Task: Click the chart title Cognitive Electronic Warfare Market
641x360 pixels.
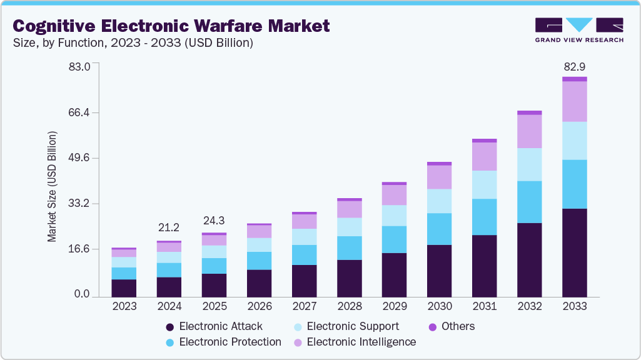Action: coord(171,26)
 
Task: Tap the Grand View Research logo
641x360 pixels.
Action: coord(578,29)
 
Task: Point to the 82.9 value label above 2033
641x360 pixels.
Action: coord(574,66)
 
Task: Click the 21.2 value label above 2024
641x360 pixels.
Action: coord(169,226)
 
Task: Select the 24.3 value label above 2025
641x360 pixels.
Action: coord(214,221)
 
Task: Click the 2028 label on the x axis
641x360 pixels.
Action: coord(349,306)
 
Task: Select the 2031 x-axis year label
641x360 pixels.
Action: coord(484,306)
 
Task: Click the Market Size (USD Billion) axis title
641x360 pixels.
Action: coord(52,187)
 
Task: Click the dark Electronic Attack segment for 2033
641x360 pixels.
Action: coord(574,252)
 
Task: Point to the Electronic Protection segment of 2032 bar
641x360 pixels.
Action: coord(529,202)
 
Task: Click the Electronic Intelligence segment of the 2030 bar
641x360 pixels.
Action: coord(439,177)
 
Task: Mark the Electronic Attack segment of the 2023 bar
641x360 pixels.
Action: coord(124,287)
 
